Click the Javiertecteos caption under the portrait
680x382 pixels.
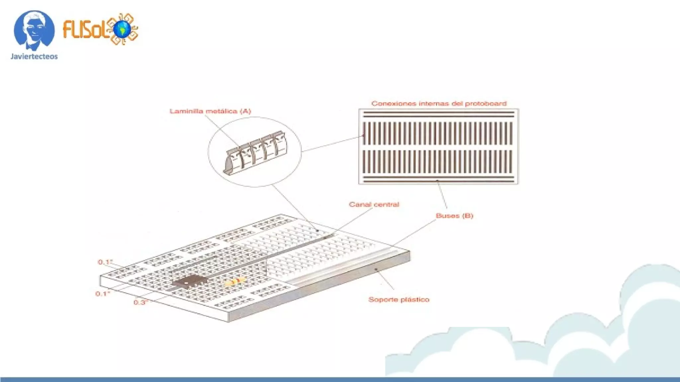[34, 56]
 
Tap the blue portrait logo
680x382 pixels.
[34, 30]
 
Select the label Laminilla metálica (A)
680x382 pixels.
[210, 111]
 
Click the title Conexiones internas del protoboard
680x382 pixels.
[439, 103]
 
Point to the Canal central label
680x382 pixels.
[374, 205]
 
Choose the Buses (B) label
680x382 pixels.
[454, 216]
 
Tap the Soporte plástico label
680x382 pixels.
[399, 300]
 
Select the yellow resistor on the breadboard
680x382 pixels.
[235, 282]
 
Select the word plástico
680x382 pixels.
[415, 300]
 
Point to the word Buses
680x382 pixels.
[447, 216]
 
